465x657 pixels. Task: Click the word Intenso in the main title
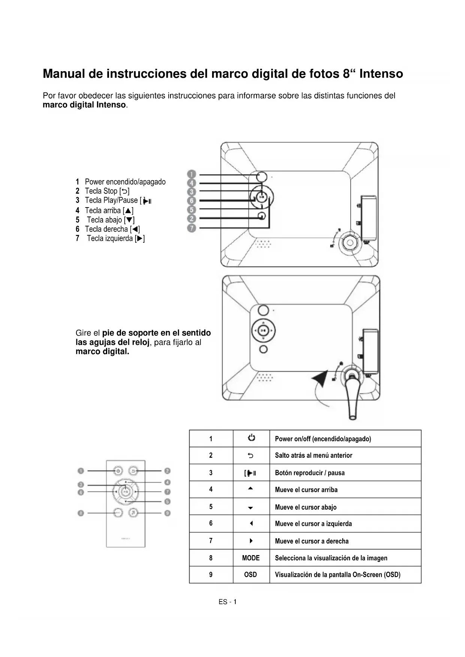click(x=381, y=74)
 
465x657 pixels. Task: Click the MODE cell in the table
click(x=251, y=558)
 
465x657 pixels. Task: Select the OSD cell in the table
click(x=251, y=575)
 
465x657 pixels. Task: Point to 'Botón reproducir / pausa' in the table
click(x=310, y=473)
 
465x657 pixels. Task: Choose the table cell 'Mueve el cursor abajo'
click(x=305, y=507)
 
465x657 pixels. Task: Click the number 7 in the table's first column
click(x=211, y=541)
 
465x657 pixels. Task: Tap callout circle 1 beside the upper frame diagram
click(x=191, y=174)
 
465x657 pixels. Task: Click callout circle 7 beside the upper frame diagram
click(x=191, y=228)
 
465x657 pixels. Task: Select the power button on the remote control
click(x=118, y=471)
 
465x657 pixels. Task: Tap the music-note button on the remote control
click(x=133, y=513)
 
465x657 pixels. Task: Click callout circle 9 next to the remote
click(x=167, y=513)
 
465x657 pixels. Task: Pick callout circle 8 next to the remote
click(x=81, y=513)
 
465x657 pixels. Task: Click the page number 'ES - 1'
click(x=227, y=602)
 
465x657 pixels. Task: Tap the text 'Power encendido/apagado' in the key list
click(x=125, y=182)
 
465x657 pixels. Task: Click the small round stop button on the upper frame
click(x=262, y=216)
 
